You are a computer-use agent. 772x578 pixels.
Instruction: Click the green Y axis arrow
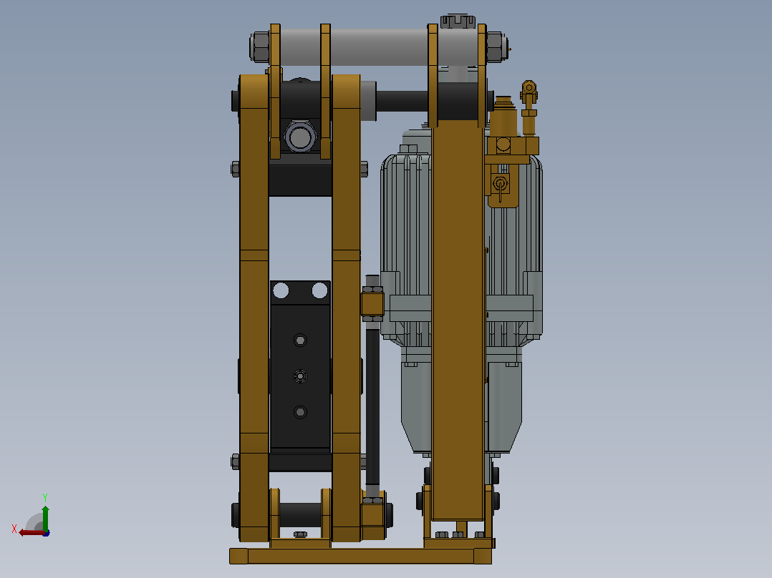tap(45, 517)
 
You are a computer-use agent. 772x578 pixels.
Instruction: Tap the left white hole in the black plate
tap(281, 290)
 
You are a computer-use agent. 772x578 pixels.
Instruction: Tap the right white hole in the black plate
tap(319, 290)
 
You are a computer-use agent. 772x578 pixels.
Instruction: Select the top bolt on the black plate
tap(300, 340)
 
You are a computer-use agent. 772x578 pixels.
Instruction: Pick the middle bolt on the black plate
tap(300, 376)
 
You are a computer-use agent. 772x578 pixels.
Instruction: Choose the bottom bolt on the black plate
tap(300, 412)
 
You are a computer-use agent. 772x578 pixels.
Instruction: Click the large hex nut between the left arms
tap(300, 136)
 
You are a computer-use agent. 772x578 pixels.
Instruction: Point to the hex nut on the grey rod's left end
tap(259, 46)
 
